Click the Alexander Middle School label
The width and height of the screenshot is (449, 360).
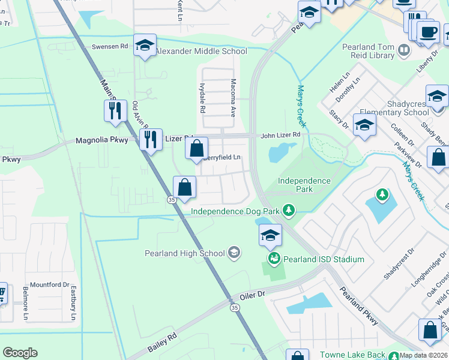click(x=201, y=52)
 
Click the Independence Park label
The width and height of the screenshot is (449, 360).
click(x=304, y=185)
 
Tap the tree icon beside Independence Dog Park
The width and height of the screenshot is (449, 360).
click(x=289, y=210)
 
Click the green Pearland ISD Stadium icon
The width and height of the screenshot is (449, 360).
click(x=274, y=259)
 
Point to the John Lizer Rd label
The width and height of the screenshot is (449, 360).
click(x=280, y=136)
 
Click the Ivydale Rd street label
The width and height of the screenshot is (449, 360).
click(x=202, y=99)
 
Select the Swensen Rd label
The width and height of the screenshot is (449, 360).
click(x=110, y=46)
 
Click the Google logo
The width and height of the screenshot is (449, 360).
click(x=20, y=353)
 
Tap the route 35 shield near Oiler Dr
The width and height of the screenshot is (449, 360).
click(x=234, y=307)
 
